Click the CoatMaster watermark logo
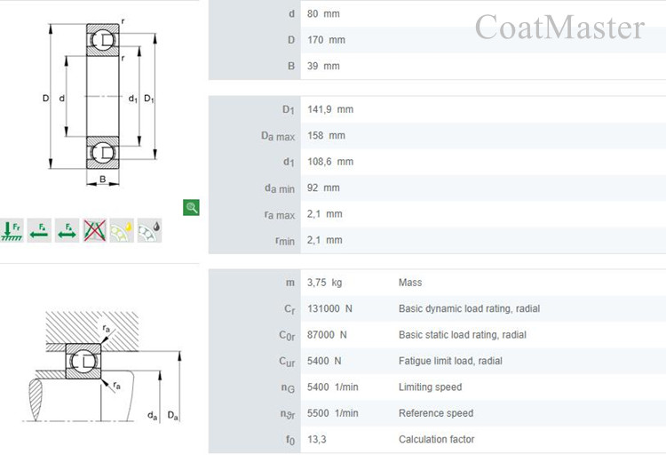(559, 27)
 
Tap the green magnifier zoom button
(191, 207)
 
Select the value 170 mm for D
(326, 40)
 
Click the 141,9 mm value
(330, 109)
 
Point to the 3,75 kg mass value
(324, 283)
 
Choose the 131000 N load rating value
(329, 308)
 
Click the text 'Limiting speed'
(430, 387)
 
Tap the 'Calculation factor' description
(436, 439)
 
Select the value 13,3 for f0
(316, 439)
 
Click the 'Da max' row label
(278, 136)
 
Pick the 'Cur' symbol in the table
(287, 362)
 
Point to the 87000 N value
(327, 335)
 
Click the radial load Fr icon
(12, 230)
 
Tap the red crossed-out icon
(94, 230)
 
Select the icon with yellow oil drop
(122, 230)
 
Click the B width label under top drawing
(103, 179)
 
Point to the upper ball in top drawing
(103, 40)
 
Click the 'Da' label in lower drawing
(172, 415)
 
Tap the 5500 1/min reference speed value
(333, 413)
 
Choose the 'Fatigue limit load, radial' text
(450, 361)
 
